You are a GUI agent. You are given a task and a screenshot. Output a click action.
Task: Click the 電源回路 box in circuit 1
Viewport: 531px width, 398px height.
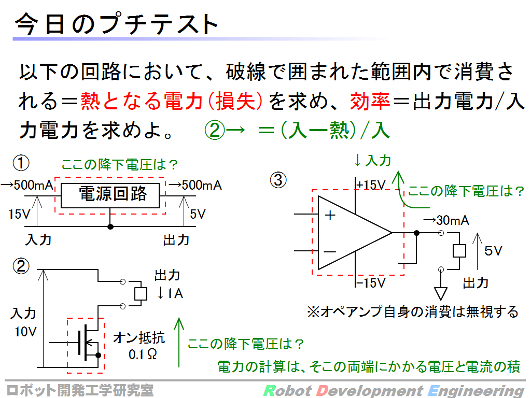[110, 195]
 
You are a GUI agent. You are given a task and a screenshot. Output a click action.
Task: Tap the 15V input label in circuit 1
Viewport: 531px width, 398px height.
[19, 214]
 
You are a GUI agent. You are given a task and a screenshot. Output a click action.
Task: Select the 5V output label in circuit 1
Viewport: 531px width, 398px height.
[198, 214]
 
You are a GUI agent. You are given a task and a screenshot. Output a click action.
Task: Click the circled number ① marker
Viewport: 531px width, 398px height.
[21, 163]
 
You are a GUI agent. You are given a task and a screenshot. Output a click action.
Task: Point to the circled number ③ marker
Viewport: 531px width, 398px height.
[278, 180]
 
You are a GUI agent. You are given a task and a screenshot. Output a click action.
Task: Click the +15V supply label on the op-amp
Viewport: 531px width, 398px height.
[371, 185]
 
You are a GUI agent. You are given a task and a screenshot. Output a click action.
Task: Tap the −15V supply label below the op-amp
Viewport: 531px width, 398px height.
[371, 282]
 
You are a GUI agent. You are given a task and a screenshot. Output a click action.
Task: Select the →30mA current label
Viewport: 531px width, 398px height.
[446, 220]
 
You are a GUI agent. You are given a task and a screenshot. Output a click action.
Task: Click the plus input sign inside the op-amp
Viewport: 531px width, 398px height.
[330, 215]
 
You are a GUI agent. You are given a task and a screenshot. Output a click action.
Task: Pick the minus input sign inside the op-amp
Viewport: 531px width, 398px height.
[329, 251]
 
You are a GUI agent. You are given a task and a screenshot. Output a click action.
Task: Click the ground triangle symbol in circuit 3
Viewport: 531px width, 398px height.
[441, 293]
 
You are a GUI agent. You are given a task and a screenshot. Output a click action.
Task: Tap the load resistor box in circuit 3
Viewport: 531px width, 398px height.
[459, 251]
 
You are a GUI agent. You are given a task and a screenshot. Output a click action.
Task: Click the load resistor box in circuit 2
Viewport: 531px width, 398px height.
[141, 294]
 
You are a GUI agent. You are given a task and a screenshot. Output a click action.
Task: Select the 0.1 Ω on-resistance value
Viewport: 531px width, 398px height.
[143, 354]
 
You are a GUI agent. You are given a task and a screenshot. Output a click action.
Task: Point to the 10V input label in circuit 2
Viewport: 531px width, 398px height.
[25, 331]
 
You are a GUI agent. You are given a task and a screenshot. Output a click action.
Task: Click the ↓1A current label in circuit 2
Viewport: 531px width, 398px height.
[170, 293]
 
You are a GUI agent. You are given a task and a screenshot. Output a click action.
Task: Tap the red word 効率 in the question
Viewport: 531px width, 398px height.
[370, 101]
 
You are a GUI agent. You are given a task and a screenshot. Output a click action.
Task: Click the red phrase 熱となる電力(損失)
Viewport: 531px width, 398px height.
[171, 101]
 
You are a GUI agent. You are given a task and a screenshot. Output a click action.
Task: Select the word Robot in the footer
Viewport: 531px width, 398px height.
[287, 391]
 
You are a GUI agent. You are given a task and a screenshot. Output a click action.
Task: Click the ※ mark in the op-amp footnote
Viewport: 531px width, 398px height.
[313, 311]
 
